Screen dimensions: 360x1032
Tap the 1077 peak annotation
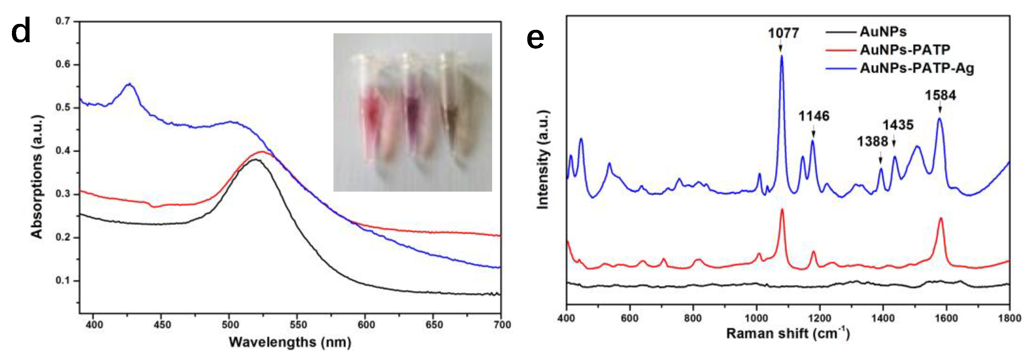[x=783, y=33]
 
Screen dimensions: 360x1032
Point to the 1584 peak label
[x=940, y=95]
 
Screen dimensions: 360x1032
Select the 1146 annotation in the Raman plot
[x=814, y=116]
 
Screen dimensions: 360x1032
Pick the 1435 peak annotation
[x=898, y=125]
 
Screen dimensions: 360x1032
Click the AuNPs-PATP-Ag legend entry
[x=917, y=68]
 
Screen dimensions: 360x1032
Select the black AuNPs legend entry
[x=883, y=31]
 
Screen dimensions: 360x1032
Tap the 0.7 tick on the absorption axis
[x=63, y=21]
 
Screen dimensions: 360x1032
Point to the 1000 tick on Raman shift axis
[x=756, y=318]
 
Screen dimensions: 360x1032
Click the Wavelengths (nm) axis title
[x=290, y=342]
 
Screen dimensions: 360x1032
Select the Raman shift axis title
[x=788, y=334]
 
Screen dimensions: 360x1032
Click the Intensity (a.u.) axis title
[x=542, y=159]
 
